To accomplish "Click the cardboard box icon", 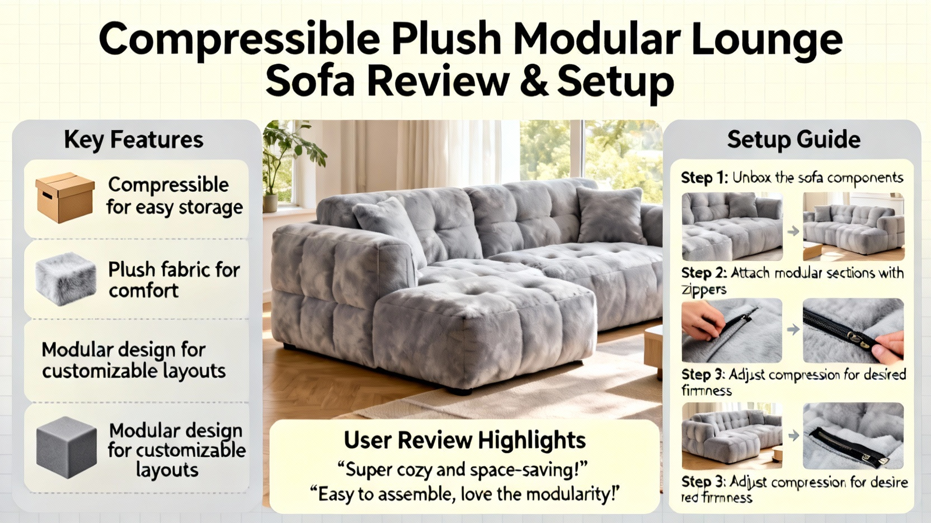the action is [x=65, y=198].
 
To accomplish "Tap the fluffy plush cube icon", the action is [x=66, y=278].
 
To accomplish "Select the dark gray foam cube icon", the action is [x=66, y=447].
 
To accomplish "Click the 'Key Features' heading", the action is [x=134, y=140].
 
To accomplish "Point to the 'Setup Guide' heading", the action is [x=794, y=140].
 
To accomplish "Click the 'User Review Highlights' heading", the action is [x=465, y=440].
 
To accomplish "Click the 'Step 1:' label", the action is [x=705, y=178].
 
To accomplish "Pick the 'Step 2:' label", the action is [x=704, y=273].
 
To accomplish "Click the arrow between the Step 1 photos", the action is [x=793, y=231].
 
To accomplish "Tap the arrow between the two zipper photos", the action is [x=793, y=329].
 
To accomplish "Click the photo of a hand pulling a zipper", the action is [x=731, y=331].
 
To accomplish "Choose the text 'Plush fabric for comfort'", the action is [x=174, y=280].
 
